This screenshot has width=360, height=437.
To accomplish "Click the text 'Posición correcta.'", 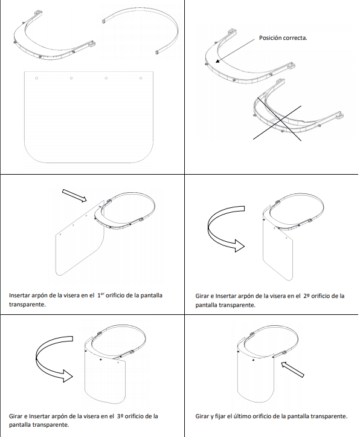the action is pos(283,38).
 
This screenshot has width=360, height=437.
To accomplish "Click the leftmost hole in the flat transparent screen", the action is pos(36,78).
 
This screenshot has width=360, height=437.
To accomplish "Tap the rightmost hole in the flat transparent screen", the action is pos(141,78).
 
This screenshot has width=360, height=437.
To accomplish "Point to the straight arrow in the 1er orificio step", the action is pos(74,195).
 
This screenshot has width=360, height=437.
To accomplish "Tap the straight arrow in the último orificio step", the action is pos(292,369).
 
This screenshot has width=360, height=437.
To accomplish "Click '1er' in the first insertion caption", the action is pos(100,295).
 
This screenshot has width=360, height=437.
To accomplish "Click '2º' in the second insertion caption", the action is pos(306,296).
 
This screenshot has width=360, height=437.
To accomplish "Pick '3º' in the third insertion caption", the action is pos(120,416).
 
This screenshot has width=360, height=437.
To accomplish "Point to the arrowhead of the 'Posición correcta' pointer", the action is pos(217,61).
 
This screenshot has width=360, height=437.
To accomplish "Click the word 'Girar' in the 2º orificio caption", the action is pos(202,296).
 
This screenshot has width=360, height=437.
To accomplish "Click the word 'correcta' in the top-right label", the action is pos(295,38).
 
